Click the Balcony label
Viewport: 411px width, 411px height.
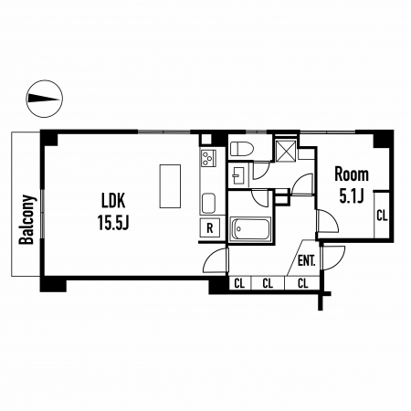tap(26, 219)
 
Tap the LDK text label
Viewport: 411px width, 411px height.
tap(113, 201)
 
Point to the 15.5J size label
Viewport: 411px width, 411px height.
tap(113, 222)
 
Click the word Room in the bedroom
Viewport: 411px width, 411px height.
tap(352, 174)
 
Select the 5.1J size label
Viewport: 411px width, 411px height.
tap(352, 196)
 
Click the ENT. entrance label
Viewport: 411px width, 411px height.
tap(306, 261)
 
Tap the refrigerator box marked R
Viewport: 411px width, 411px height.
tap(210, 227)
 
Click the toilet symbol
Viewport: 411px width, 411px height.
tap(242, 149)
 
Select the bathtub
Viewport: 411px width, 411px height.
tap(250, 229)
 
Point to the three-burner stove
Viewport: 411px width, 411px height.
tap(208, 158)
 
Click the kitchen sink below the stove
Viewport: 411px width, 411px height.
tap(208, 203)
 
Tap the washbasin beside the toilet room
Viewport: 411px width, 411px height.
tap(238, 176)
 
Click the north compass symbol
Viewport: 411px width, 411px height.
tap(45, 99)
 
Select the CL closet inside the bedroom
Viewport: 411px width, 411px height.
tap(382, 216)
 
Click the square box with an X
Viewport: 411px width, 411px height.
tap(286, 151)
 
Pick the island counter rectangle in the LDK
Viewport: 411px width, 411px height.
tap(170, 186)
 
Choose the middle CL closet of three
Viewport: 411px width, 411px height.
tap(268, 283)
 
